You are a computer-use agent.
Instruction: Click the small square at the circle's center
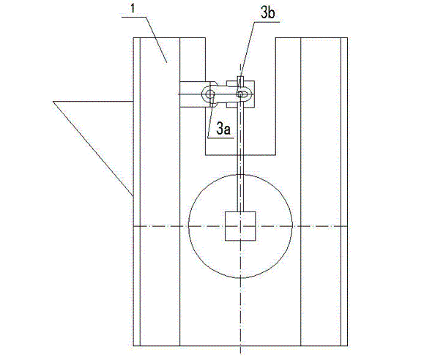pos(239,227)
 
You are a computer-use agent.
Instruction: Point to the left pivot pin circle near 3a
pos(211,94)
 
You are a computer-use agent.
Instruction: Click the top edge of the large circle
pos(240,174)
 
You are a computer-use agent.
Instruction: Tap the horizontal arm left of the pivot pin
pos(192,94)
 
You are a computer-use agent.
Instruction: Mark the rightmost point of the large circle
pos(293,227)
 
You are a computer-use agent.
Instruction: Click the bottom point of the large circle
pos(240,280)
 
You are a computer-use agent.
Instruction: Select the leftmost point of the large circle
pos(188,227)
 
